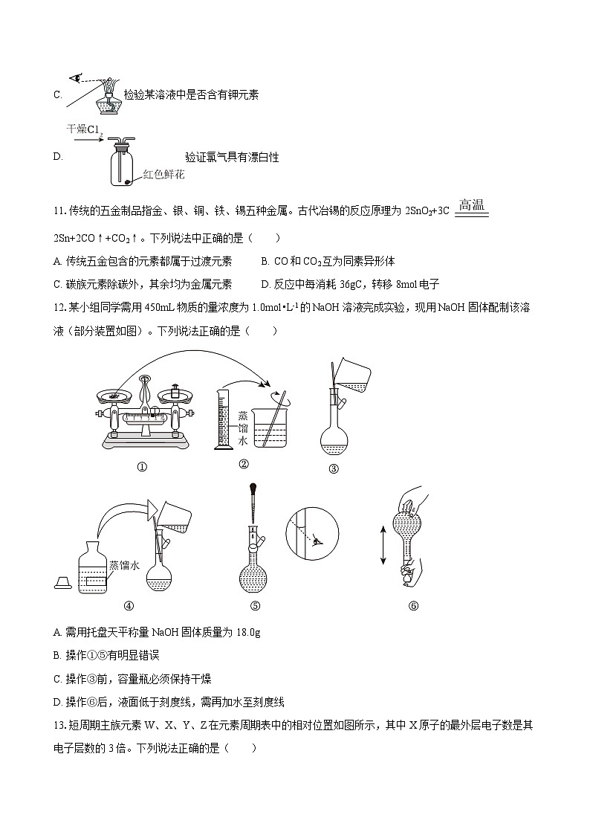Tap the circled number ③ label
pos(334,468)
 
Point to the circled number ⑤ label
pos(255,605)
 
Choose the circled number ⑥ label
pos(413,605)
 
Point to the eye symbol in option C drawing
pos(75,77)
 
